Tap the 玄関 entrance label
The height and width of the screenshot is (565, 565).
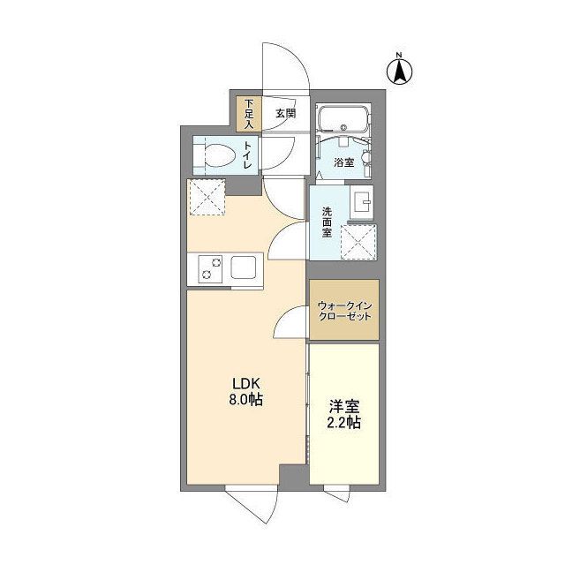286,114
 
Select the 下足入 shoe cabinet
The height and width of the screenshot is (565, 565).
249,114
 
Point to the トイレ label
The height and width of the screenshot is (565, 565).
248,155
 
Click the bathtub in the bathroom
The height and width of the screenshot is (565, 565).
343,118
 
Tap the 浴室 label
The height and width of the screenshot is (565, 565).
343,162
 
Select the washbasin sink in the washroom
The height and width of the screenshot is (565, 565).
361,202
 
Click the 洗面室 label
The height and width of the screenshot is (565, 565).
327,222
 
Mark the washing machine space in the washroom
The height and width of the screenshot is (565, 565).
358,242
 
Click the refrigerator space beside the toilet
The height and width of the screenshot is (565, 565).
206,197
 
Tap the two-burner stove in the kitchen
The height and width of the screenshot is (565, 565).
210,268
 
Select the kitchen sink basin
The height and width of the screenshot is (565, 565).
244,267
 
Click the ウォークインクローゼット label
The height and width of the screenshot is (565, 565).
344,312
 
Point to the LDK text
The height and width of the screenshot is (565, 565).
246,384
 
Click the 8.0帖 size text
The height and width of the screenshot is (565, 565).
245,400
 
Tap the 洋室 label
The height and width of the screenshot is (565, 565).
344,407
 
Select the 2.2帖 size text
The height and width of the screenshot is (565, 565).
343,423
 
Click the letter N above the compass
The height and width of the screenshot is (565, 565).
399,55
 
